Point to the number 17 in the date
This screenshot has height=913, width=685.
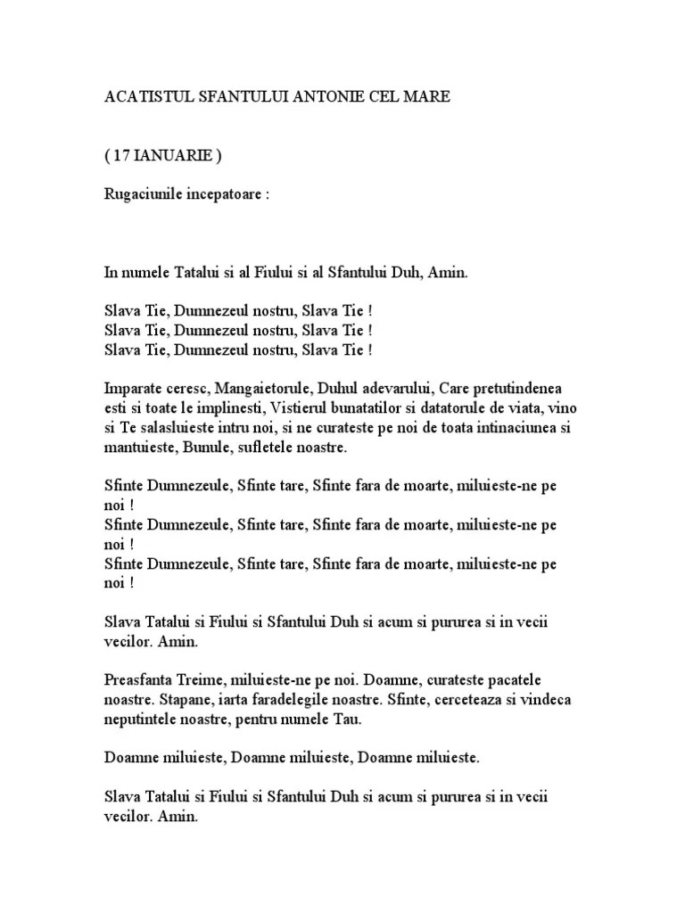(x=124, y=155)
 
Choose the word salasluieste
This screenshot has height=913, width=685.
(x=177, y=428)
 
